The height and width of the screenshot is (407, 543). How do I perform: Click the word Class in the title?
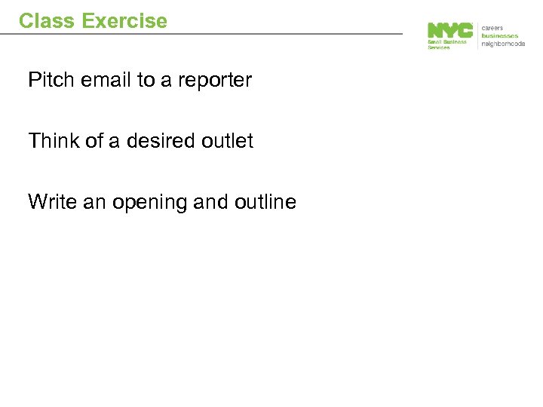pos(48,20)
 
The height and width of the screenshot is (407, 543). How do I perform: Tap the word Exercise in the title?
pos(124,20)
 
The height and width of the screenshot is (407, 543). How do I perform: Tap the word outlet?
pos(229,141)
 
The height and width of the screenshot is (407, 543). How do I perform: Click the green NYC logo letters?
pos(450,30)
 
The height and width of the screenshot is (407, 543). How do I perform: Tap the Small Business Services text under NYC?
pos(447,44)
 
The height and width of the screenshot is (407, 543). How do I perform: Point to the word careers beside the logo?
pos(492,28)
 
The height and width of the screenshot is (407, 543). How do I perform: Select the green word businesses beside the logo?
pos(500,35)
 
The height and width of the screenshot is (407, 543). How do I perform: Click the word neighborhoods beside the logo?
pos(503,44)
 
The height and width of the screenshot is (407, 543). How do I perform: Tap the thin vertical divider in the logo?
pos(477,35)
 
